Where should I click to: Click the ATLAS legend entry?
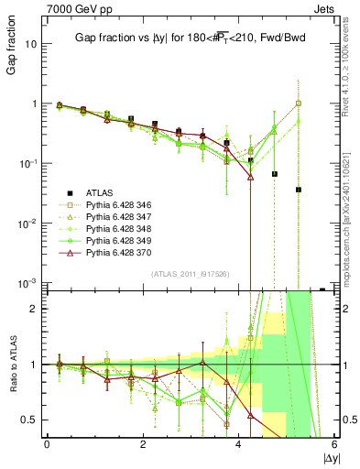click(101, 192)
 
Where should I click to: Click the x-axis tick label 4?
click(239, 446)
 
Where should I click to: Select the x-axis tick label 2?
click(143, 446)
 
